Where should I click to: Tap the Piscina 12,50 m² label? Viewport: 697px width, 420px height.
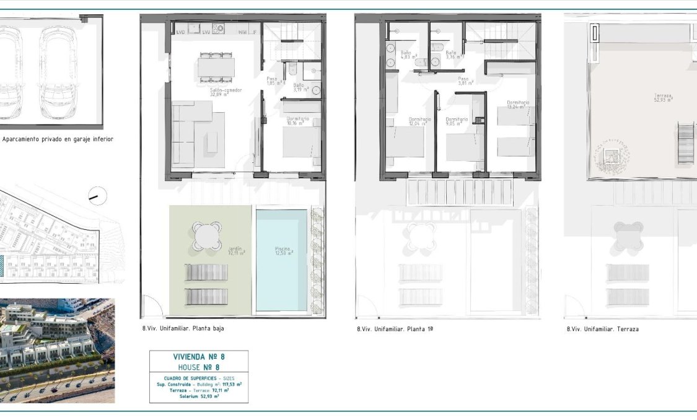(284, 251)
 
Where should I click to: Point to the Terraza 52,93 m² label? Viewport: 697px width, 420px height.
(665, 98)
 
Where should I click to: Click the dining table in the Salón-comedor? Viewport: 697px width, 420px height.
(216, 66)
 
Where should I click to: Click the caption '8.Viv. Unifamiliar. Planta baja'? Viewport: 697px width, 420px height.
(183, 329)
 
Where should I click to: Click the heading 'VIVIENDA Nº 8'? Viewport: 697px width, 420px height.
(198, 357)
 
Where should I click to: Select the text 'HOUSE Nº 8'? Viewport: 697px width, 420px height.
(198, 367)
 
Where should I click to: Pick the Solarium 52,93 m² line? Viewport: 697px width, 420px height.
(198, 396)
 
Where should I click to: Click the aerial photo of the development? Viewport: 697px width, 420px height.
(57, 350)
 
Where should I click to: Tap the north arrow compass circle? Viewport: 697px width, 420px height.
(98, 196)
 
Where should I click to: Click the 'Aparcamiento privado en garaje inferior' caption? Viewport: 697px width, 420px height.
(58, 140)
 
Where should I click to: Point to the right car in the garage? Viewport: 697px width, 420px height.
(60, 74)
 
